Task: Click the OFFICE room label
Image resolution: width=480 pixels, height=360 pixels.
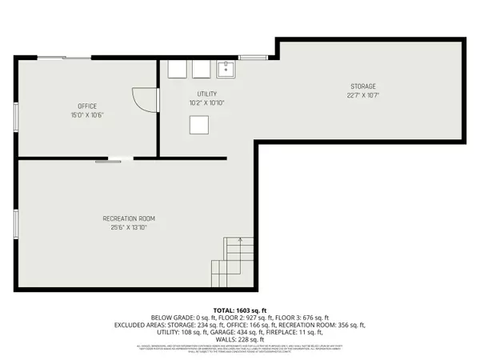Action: (x=87, y=106)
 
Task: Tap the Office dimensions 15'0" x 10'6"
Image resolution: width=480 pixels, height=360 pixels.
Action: (x=87, y=114)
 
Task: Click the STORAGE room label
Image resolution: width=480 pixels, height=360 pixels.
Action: (x=362, y=86)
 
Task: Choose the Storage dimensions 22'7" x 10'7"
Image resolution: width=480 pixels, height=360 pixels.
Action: (x=362, y=95)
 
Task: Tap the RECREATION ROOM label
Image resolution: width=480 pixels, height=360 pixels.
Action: (x=128, y=218)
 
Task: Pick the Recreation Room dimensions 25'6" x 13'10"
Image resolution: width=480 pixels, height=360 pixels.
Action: (x=128, y=227)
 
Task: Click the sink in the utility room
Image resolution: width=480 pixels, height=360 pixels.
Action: (x=227, y=68)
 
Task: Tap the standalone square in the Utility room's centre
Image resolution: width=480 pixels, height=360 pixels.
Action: (x=198, y=125)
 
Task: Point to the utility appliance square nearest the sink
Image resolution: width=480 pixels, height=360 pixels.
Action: (x=201, y=69)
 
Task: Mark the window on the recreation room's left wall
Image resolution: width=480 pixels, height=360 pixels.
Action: (x=15, y=223)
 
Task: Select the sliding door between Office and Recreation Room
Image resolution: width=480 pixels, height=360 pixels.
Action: (x=109, y=160)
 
